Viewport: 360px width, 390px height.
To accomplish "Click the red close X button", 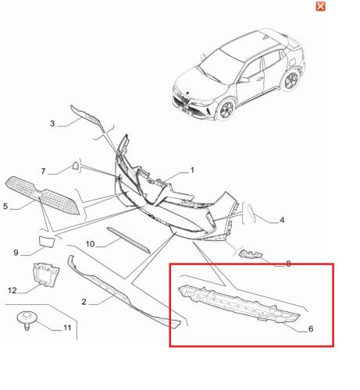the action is coord(320,6).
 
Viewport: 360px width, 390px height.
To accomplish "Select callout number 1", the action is coord(192,170).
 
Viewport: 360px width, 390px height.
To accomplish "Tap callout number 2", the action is coord(84,302).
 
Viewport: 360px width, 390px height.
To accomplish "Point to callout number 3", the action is coord(52,123).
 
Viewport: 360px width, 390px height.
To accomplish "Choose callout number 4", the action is coord(282,220).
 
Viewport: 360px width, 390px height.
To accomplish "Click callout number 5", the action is coord(5,207).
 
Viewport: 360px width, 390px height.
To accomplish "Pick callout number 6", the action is coord(311,329).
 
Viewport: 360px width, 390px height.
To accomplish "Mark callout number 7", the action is coord(43,172).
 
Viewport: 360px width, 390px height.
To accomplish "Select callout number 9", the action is coord(16,253).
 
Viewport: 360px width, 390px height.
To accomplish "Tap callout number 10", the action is coord(90,244).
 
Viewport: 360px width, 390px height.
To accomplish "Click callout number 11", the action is coord(67,328).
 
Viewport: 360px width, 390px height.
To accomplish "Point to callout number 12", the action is coord(12,290).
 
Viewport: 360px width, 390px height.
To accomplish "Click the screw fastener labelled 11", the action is coord(27,320).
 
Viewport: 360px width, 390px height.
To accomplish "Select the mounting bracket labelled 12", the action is coord(46,275).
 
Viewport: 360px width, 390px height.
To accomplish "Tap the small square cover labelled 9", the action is coord(47,241).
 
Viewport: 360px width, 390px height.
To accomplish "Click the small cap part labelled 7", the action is coord(76,166).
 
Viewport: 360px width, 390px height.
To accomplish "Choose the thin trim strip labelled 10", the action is coord(129,240).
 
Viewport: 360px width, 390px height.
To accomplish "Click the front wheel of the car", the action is coord(226,109).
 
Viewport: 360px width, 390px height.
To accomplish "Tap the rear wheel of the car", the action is coord(291,79).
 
